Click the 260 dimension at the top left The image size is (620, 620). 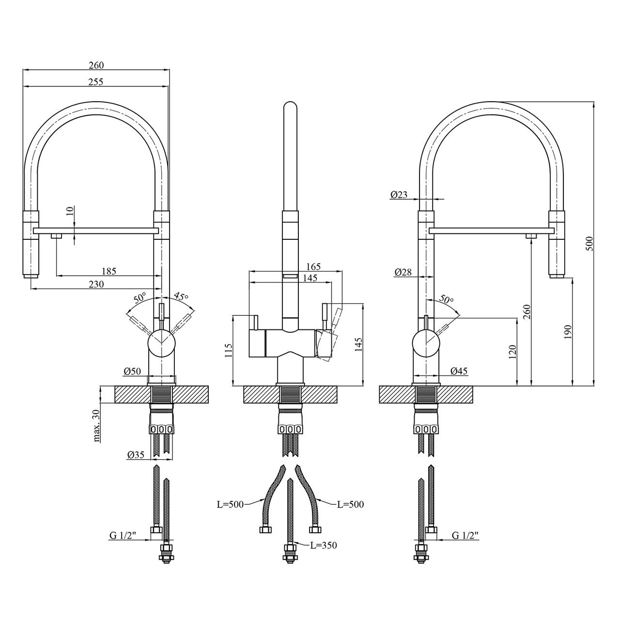[96, 65]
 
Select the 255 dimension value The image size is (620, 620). [96, 82]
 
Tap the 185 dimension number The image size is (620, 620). [108, 271]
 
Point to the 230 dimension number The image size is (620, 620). [96, 284]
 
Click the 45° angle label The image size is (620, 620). [181, 296]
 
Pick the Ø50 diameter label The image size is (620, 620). [132, 371]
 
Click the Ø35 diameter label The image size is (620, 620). [136, 455]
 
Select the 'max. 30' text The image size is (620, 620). [96, 426]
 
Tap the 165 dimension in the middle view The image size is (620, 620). [313, 266]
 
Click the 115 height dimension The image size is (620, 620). [228, 351]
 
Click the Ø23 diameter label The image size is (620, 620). [399, 194]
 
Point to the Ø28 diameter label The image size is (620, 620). [403, 272]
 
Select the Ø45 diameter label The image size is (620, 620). [459, 371]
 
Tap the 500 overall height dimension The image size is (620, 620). [590, 244]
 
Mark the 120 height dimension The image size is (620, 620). [513, 352]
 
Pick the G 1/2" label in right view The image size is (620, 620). [465, 535]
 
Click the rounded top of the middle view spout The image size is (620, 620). [291, 107]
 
